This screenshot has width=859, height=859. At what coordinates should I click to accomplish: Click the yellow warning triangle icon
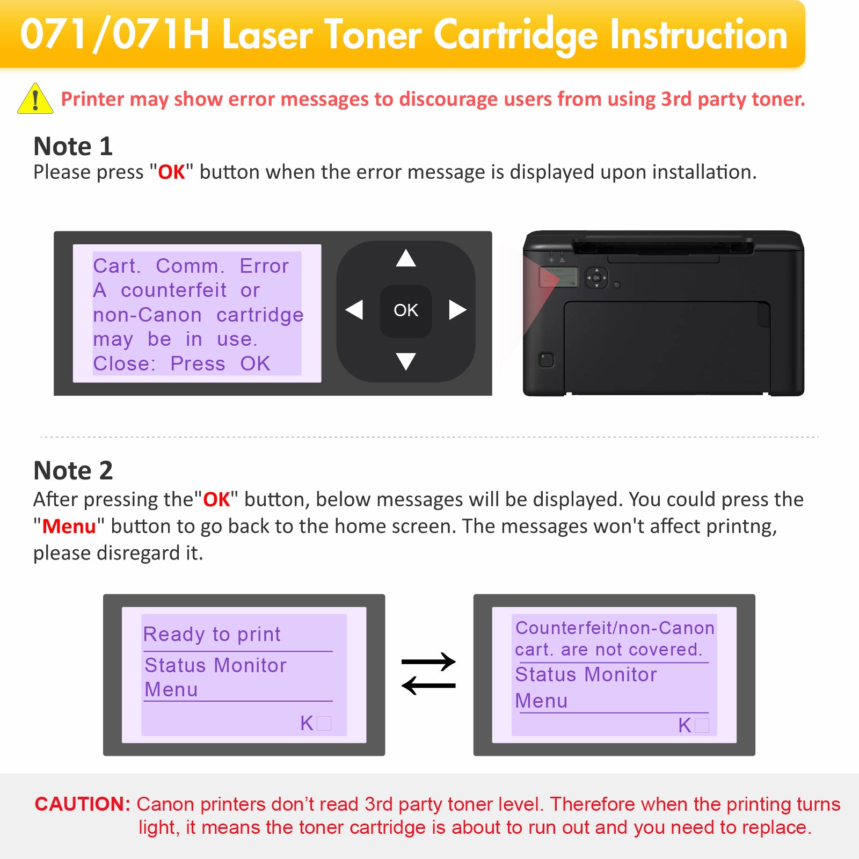click(x=35, y=99)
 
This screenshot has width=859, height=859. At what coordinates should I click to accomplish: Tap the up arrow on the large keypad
click(x=406, y=258)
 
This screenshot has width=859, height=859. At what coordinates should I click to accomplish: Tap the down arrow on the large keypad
click(x=406, y=361)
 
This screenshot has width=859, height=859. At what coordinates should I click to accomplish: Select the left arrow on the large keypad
click(x=354, y=310)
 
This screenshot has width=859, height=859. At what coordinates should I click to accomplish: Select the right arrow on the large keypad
click(x=457, y=310)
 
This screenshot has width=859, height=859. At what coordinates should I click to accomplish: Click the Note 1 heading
click(x=73, y=146)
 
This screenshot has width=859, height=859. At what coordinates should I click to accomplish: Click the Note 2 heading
click(x=73, y=470)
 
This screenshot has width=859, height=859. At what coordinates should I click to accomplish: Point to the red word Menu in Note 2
click(x=69, y=526)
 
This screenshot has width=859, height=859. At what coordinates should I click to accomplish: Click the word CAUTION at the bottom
click(x=83, y=804)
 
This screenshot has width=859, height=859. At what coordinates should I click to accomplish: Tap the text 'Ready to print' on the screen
click(x=212, y=634)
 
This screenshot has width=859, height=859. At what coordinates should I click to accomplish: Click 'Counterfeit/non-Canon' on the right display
click(x=615, y=628)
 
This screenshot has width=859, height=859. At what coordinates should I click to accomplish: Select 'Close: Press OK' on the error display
click(x=181, y=363)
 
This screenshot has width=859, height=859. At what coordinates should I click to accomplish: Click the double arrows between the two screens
click(x=428, y=674)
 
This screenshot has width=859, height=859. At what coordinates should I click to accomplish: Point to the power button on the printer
click(x=546, y=359)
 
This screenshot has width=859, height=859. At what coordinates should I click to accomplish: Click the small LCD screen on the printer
click(x=558, y=277)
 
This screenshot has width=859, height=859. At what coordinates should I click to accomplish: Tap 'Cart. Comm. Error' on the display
click(x=191, y=266)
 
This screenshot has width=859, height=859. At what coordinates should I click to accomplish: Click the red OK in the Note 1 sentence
click(x=171, y=172)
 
